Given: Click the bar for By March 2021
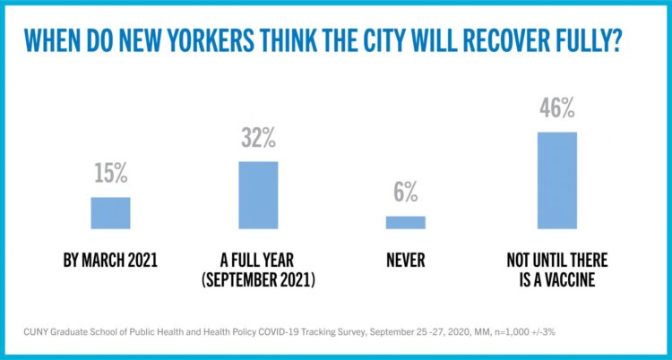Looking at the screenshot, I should (110, 212).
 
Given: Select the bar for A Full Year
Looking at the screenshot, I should (258, 194).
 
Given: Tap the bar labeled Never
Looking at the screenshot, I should (405, 222).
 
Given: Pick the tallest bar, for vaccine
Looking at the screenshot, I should (556, 180).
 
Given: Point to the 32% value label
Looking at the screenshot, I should (258, 140).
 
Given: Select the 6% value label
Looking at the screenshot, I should (405, 193).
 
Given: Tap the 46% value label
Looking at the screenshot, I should (556, 111).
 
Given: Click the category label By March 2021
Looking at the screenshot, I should (110, 261).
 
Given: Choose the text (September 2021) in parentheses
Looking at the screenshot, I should (258, 278).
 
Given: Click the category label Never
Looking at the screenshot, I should (405, 261).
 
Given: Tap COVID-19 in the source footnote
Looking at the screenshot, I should (306, 333).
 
